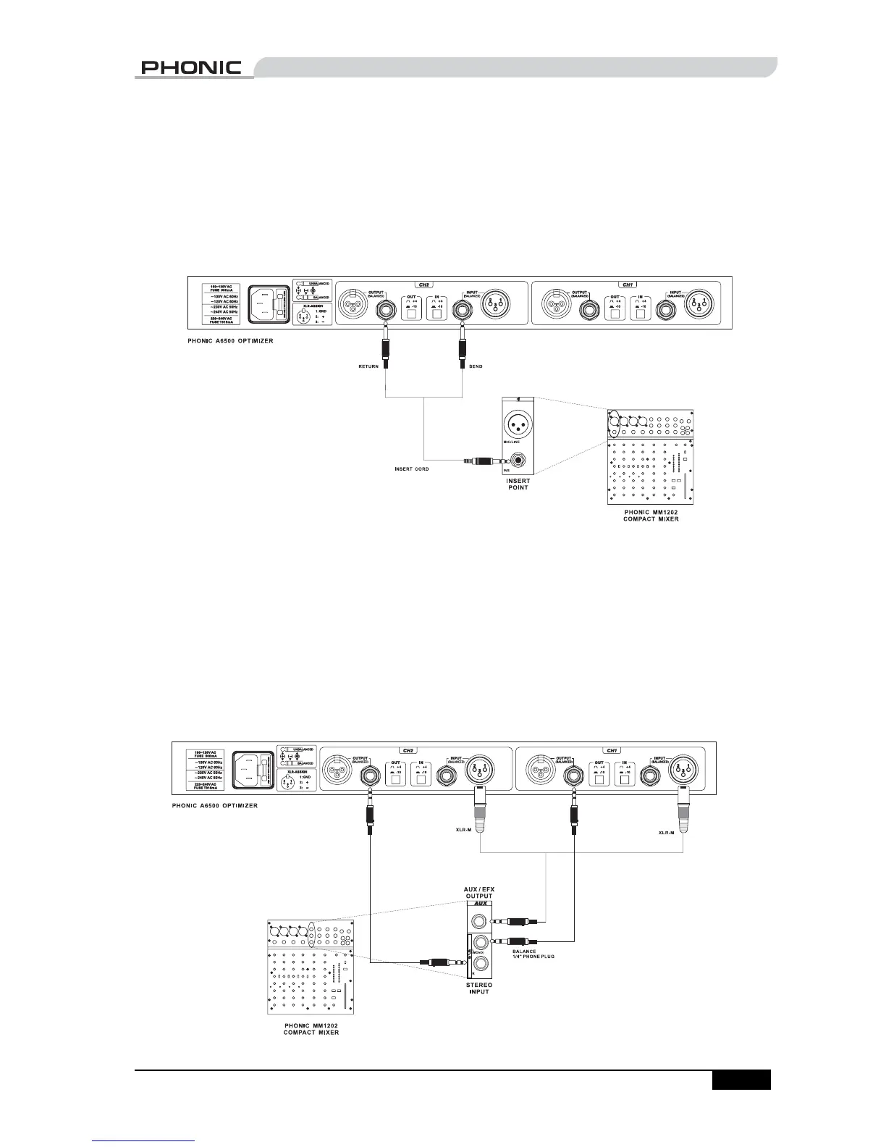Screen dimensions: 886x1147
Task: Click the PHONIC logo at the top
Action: (x=191, y=67)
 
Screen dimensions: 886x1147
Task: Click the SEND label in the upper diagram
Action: (x=476, y=366)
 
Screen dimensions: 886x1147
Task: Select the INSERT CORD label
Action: (x=411, y=469)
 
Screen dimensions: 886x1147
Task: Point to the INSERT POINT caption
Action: (x=517, y=484)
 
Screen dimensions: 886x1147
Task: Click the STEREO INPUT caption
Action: (x=479, y=988)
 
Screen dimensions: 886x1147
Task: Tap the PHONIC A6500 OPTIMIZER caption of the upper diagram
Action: (x=230, y=340)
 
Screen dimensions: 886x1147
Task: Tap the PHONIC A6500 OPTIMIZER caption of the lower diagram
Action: (x=214, y=804)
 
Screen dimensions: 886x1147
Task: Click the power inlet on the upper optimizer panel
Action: (x=269, y=304)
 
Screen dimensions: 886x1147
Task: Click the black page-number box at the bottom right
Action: (x=741, y=1080)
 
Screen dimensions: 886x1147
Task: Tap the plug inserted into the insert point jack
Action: (x=480, y=460)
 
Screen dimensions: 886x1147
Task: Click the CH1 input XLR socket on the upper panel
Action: (x=699, y=305)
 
